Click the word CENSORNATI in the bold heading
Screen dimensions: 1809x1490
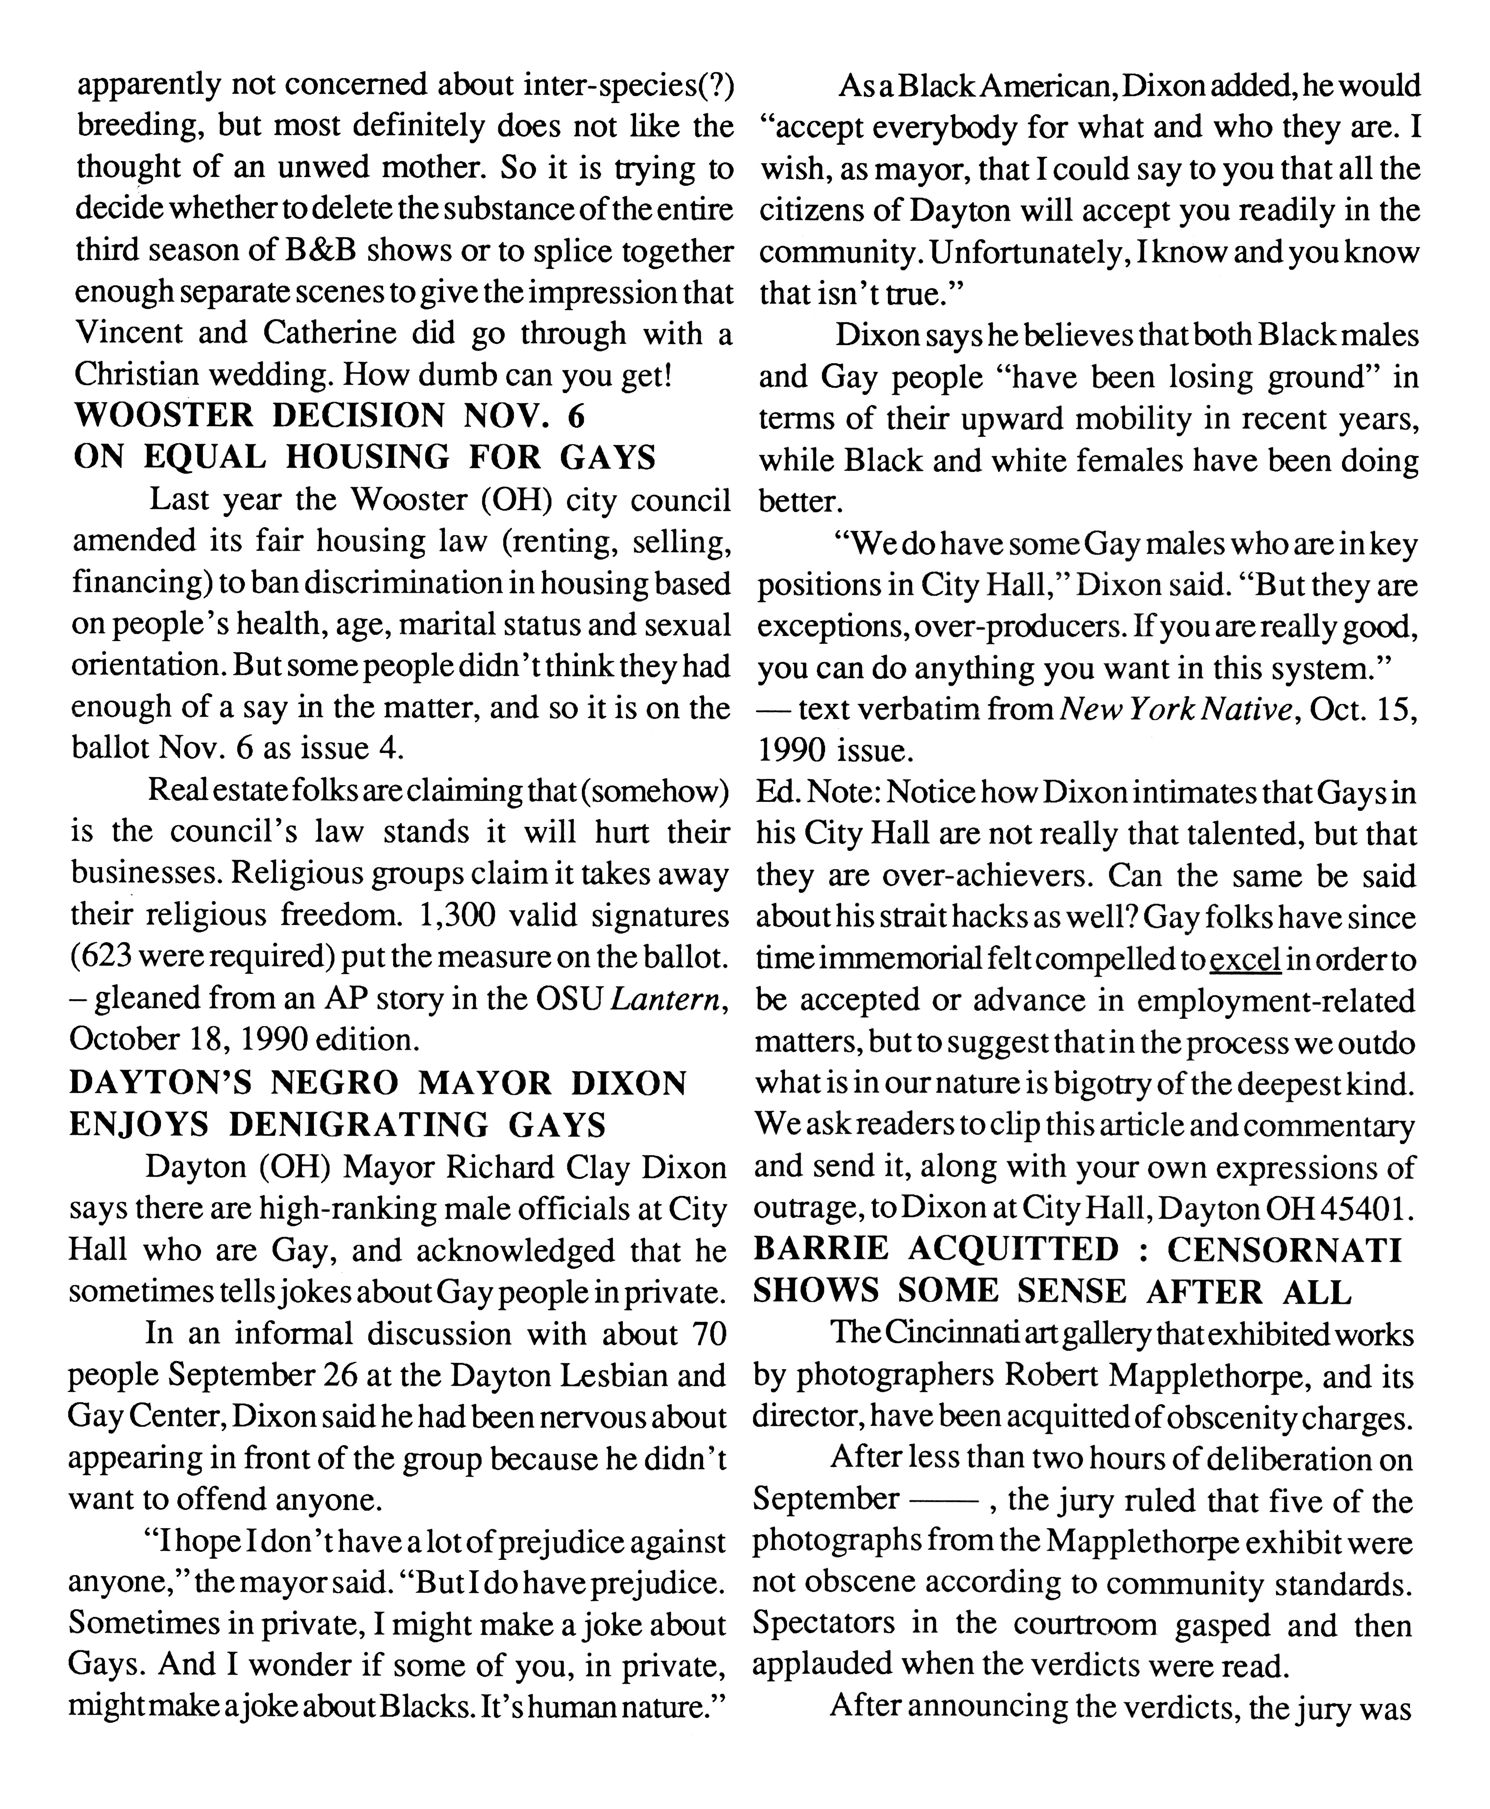pos(1283,1251)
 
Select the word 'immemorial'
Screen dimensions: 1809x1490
pos(890,960)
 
